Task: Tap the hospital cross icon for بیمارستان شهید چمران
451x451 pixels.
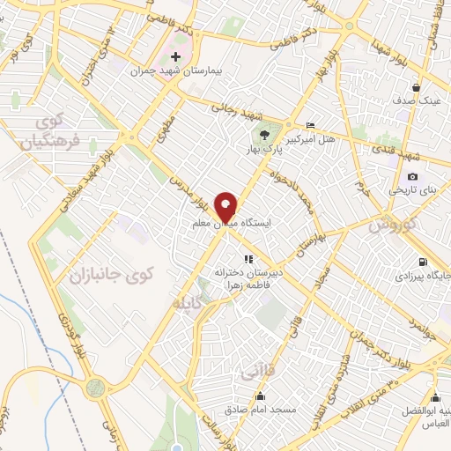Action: [174, 56]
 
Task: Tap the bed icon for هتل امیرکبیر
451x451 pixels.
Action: [308, 126]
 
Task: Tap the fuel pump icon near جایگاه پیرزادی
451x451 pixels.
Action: [423, 262]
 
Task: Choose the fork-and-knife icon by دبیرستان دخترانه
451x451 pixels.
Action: [248, 259]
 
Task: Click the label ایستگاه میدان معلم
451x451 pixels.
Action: [233, 225]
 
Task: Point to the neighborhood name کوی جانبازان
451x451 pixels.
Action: [108, 275]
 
